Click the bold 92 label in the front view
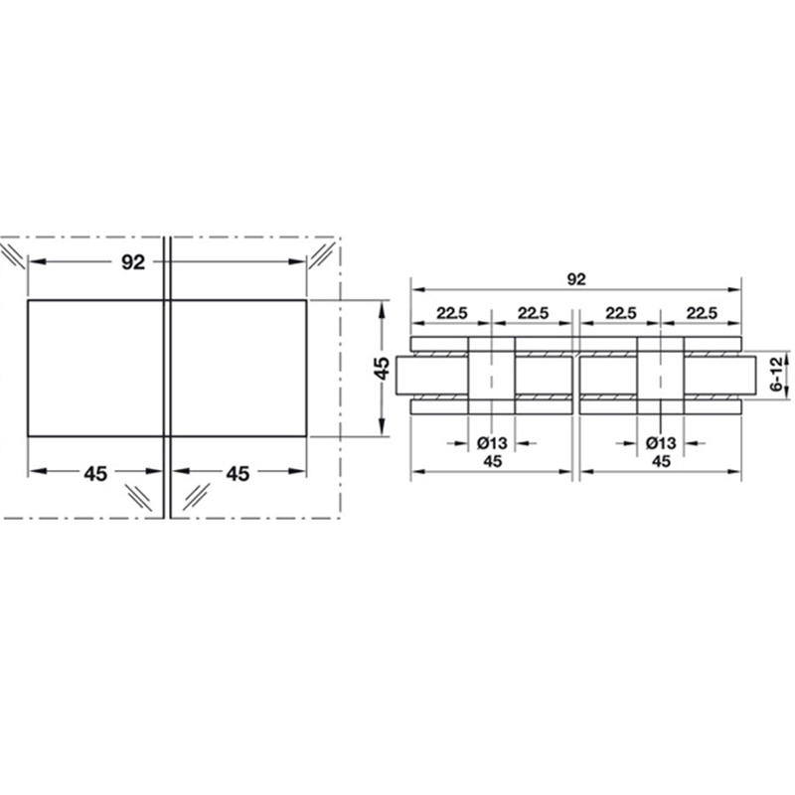tap(133, 262)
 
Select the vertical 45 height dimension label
tap(382, 368)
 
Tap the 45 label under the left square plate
tap(95, 474)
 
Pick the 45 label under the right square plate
tap(238, 474)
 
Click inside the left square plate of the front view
tap(95, 368)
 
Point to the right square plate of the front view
tap(238, 368)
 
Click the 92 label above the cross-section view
tap(576, 279)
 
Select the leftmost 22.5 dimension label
tap(452, 313)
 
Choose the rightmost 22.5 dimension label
tap(702, 313)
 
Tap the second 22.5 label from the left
tap(533, 313)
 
